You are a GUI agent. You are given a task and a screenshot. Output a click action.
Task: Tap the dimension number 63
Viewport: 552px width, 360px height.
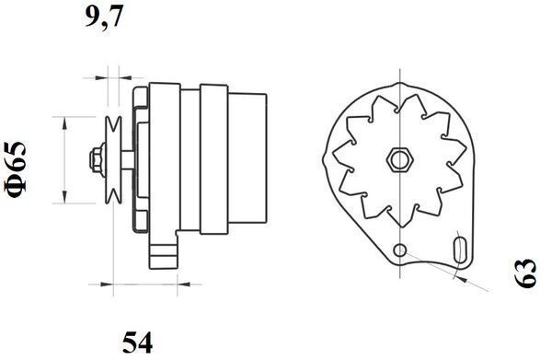click(525, 273)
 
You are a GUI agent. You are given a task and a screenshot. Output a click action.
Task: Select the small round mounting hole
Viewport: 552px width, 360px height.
click(398, 250)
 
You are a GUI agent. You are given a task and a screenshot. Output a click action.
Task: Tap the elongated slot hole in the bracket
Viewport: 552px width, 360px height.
click(460, 251)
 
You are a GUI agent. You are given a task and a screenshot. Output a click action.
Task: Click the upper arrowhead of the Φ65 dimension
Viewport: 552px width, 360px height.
click(63, 122)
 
